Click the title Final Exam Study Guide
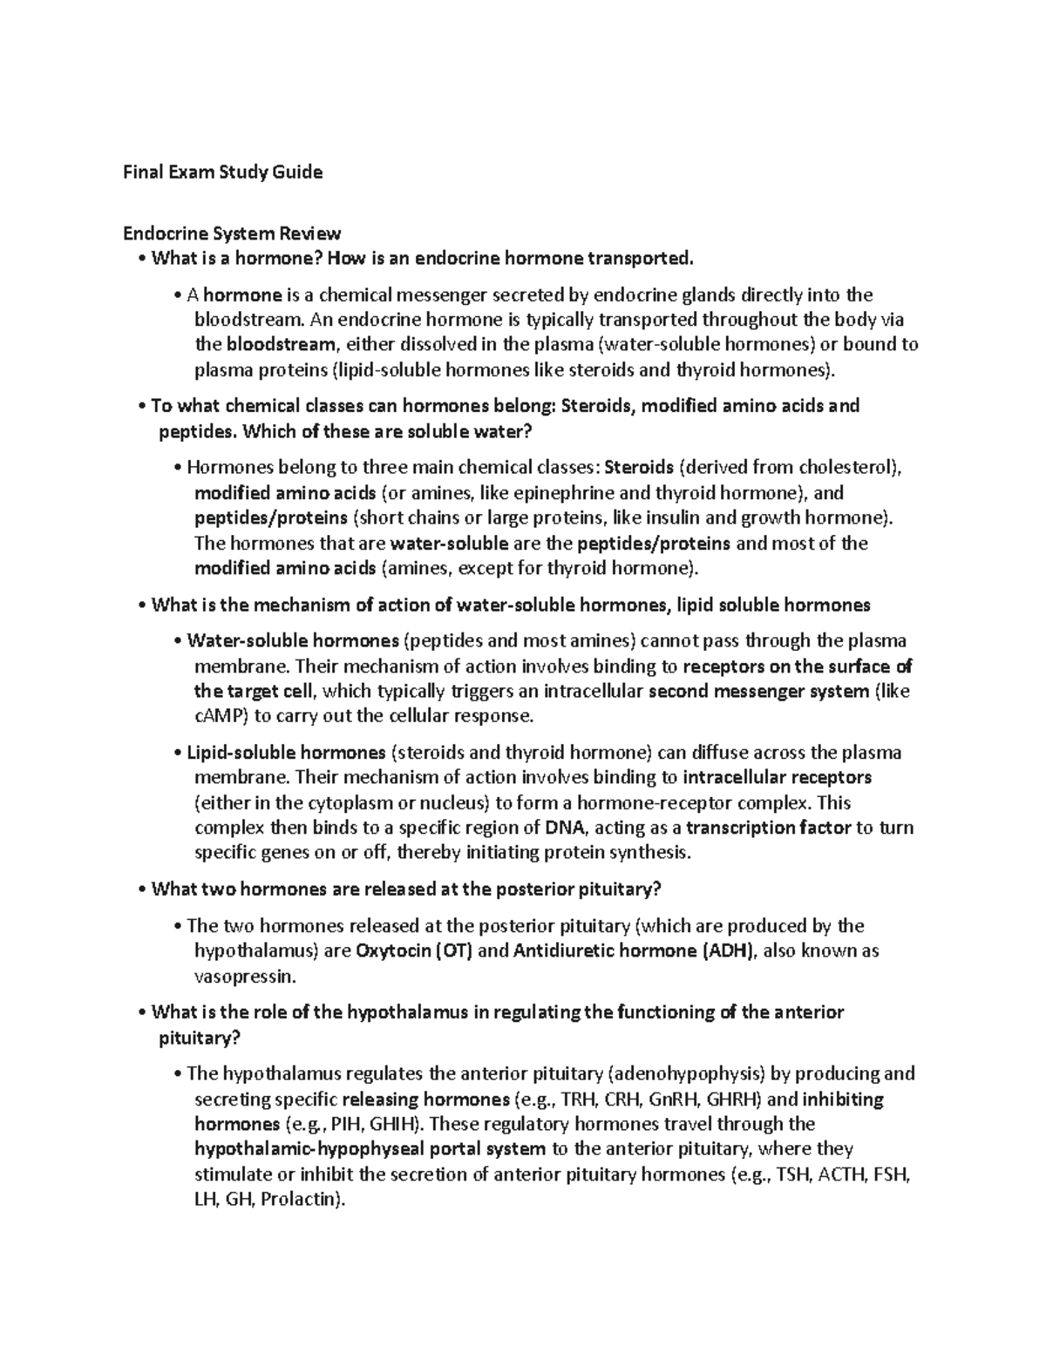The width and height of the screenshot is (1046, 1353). tap(222, 172)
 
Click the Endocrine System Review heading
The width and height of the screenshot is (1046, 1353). tap(232, 233)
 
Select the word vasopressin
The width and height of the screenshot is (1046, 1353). tap(245, 976)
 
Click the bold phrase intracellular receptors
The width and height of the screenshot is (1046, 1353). tap(778, 777)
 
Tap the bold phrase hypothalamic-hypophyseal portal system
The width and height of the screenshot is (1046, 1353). tap(370, 1148)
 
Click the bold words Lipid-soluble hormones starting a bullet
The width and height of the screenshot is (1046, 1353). tap(286, 752)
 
